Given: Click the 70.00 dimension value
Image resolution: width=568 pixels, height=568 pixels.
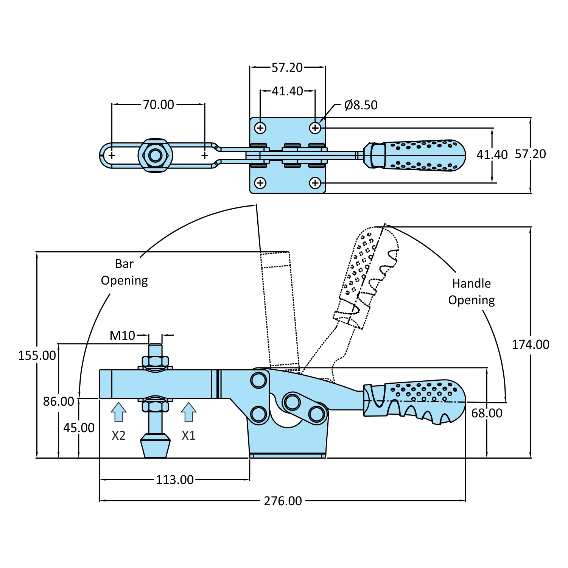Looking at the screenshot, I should [158, 104].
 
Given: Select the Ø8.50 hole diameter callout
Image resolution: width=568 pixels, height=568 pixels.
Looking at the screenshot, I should [361, 105].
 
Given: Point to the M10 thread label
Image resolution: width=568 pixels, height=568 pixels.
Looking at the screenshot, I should [122, 335].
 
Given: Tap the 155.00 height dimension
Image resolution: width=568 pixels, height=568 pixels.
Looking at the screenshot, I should [37, 355].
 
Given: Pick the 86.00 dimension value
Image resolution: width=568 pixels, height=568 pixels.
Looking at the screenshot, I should [59, 401].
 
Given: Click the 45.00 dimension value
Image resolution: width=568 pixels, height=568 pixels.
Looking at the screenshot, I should [79, 428].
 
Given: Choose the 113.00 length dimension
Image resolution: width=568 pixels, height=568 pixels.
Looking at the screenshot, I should [175, 480].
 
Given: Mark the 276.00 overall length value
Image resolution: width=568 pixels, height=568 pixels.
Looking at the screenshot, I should [283, 501].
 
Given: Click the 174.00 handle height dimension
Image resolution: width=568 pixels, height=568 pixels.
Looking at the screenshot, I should [531, 344].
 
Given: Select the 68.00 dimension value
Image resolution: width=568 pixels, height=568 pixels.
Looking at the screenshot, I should [487, 413].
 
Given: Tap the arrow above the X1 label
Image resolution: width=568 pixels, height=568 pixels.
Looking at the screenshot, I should [188, 412].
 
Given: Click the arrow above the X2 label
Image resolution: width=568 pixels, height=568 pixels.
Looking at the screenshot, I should [118, 412].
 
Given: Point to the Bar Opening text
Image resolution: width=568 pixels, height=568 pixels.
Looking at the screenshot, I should [124, 272].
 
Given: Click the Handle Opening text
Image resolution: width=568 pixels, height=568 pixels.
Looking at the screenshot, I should [472, 292].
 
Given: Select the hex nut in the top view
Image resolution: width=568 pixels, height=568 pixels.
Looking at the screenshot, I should [155, 155].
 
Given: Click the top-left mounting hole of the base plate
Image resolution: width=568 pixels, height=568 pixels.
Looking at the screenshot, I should [260, 128].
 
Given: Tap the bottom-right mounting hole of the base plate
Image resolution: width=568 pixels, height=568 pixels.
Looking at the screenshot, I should [315, 183].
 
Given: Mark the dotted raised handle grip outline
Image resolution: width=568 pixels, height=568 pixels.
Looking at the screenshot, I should [365, 272].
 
